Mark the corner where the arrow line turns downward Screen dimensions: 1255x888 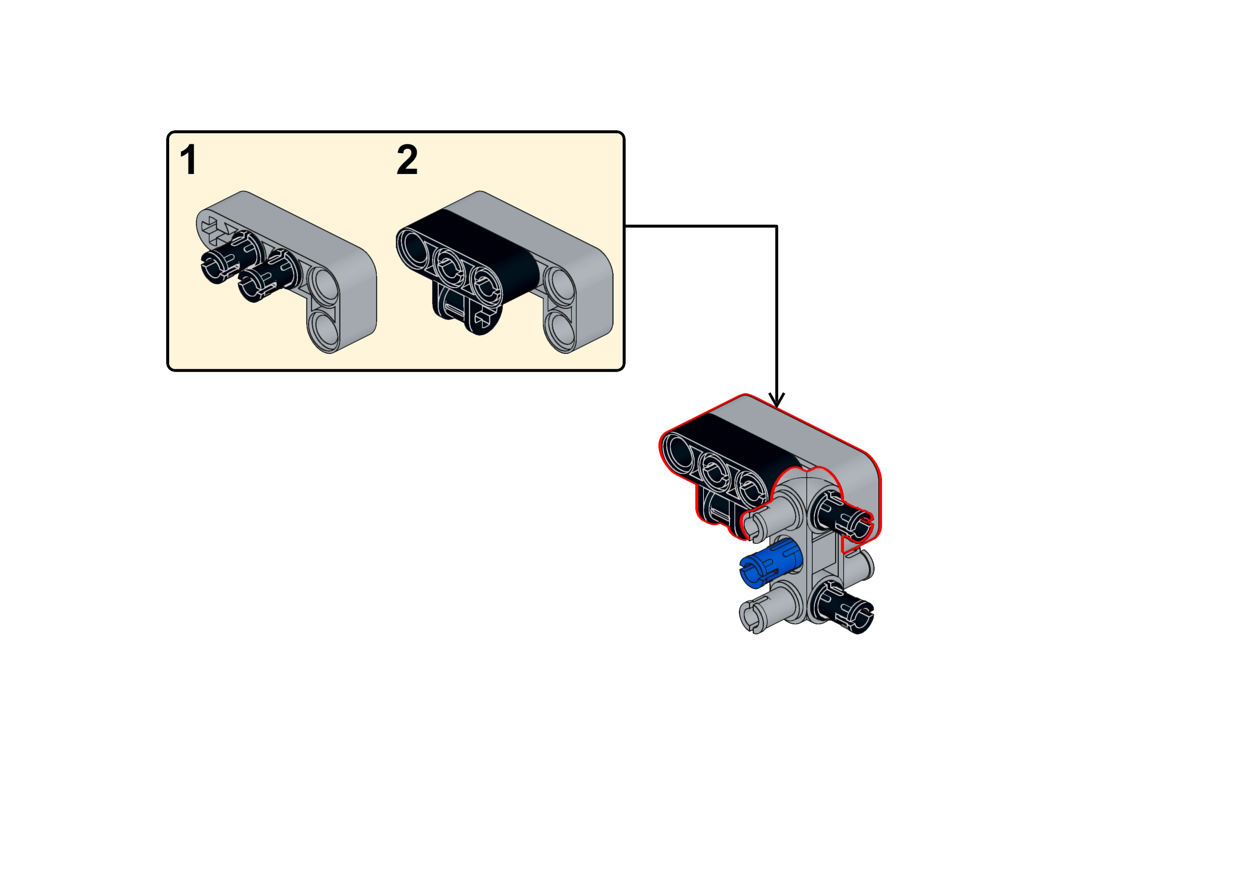(x=777, y=226)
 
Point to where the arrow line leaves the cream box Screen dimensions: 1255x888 (x=625, y=226)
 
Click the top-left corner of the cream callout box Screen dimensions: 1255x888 (x=167, y=132)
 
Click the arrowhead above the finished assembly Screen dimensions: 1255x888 (x=777, y=400)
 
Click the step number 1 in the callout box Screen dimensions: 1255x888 (x=189, y=160)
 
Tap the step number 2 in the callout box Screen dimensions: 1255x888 (x=407, y=160)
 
